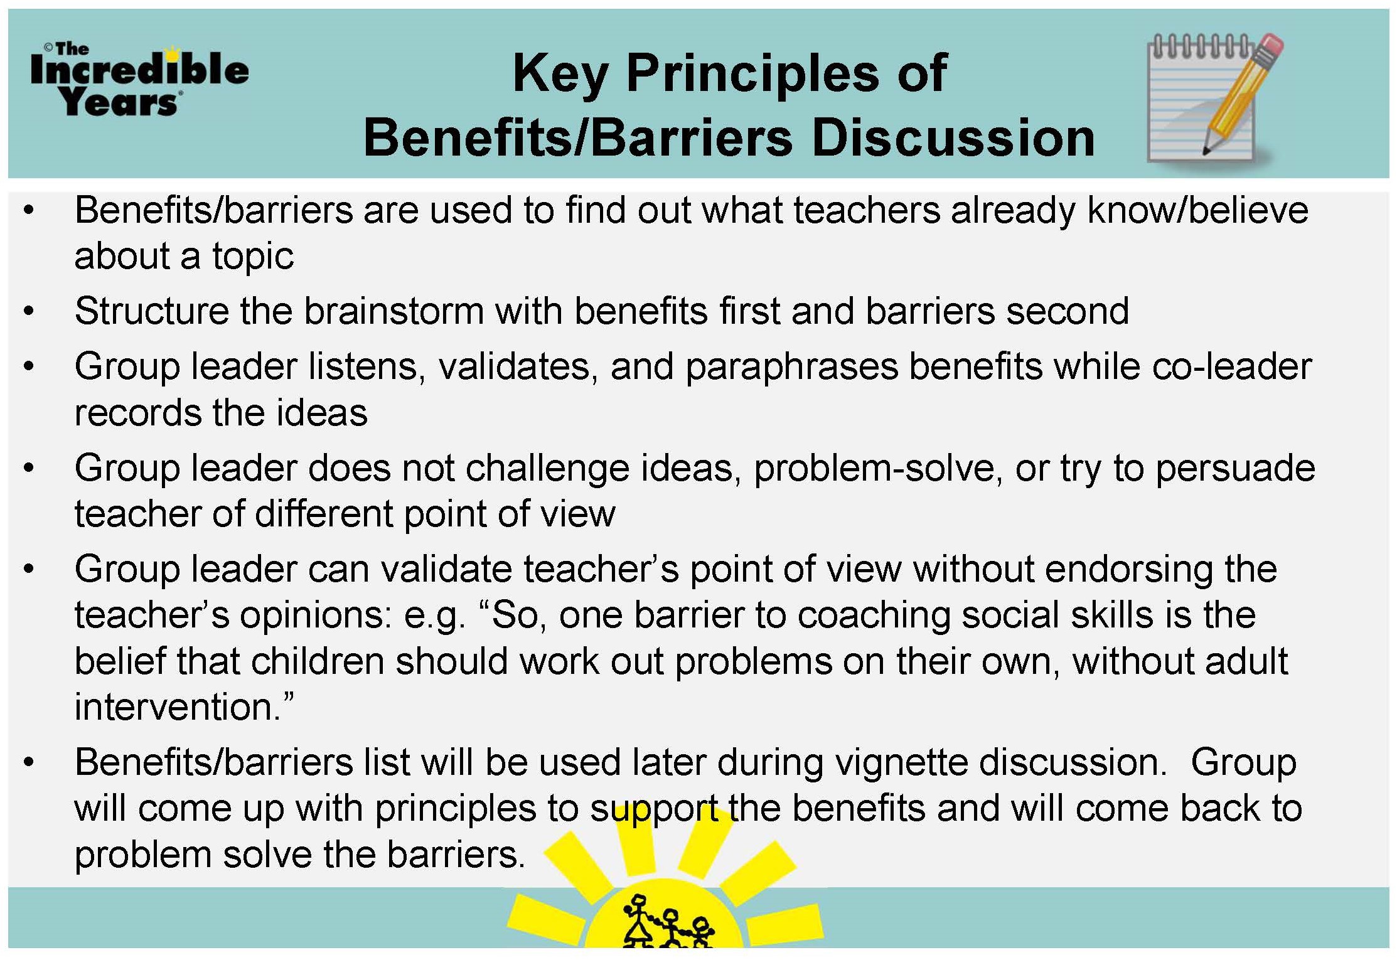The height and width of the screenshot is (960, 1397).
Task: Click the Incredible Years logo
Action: pos(139,80)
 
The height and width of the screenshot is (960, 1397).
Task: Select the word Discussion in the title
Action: pos(953,137)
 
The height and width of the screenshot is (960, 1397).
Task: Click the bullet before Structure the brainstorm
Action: pos(29,311)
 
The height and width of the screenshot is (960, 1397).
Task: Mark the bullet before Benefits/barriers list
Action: pos(29,763)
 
